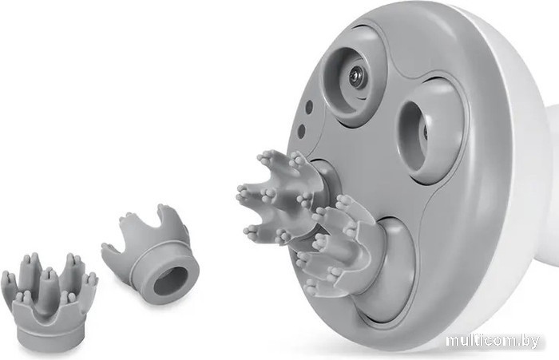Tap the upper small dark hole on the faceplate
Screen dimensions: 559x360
click(309, 107)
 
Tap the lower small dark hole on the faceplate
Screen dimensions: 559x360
click(302, 131)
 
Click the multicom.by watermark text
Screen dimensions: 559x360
click(493, 341)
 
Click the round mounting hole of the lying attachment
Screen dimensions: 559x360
click(171, 280)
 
